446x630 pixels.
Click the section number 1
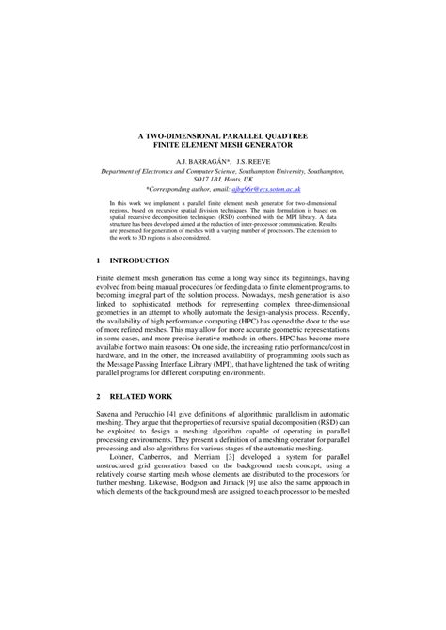100,260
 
